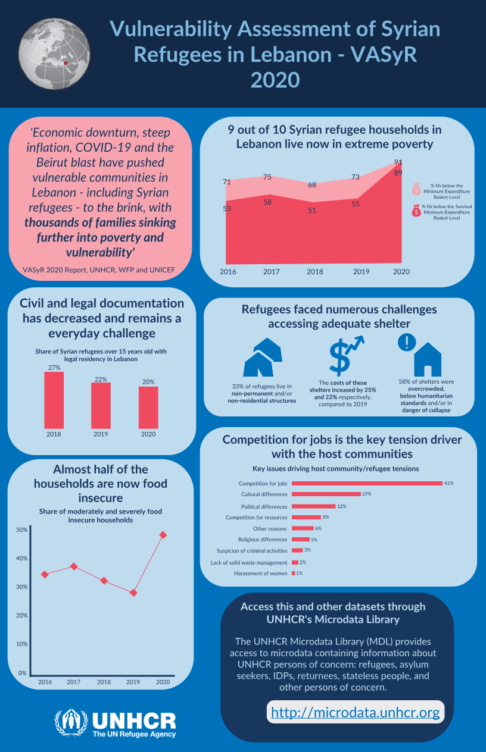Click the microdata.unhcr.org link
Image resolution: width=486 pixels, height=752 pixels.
coord(356,712)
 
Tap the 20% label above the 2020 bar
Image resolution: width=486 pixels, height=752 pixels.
coord(148,382)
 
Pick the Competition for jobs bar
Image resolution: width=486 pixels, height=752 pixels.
coord(367,483)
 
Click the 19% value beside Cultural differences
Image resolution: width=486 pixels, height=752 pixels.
coord(367,494)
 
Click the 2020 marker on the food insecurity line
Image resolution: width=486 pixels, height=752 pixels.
coord(163,535)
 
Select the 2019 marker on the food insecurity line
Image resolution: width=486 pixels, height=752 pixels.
coord(133,593)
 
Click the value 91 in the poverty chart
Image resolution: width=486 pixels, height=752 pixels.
coord(398,162)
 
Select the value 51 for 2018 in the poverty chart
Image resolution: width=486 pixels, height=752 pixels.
coord(311,211)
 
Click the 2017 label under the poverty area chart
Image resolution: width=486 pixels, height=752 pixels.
coord(272,271)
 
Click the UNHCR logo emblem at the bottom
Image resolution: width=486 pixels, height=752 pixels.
coord(71,723)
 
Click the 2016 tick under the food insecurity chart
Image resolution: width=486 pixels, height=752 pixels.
coord(45,682)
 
